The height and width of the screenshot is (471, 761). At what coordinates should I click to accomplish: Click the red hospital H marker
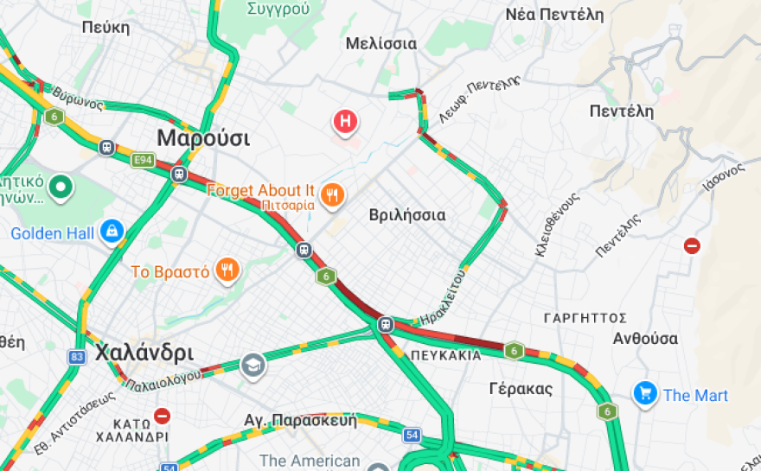coord(346,122)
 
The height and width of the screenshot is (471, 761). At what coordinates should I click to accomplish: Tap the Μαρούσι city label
coord(203,138)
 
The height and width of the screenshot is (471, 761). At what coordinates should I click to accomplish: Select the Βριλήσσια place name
coord(407,214)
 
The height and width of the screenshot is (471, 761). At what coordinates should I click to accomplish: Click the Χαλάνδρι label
coord(144,353)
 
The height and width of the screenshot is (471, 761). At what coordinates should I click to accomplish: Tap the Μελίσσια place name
coord(380,43)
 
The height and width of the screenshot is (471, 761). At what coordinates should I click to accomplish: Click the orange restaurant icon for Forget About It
coord(332,194)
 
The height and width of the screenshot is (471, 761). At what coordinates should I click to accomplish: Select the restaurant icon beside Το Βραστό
coord(227,271)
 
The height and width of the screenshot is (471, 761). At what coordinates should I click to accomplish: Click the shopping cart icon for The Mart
coord(645,394)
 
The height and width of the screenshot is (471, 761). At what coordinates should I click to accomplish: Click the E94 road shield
coord(143,160)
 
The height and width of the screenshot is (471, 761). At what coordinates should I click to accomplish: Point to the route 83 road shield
coord(78,356)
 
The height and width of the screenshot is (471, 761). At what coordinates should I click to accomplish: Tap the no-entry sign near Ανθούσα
coord(692,245)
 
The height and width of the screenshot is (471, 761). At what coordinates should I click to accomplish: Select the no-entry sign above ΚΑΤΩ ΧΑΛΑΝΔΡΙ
coord(162,416)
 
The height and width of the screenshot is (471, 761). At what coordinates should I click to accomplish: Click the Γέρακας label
coord(521,388)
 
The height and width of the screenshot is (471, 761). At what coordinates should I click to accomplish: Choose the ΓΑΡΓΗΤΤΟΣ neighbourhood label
coord(585,318)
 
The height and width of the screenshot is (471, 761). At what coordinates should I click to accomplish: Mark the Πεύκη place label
coord(106,27)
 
